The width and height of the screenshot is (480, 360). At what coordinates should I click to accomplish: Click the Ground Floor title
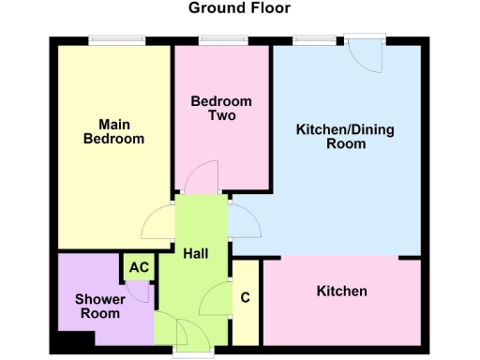(239, 8)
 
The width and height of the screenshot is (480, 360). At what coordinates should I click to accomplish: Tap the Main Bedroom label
(113, 131)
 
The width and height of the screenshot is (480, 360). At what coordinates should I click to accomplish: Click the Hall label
(196, 254)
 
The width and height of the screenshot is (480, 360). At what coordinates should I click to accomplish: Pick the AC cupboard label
(139, 267)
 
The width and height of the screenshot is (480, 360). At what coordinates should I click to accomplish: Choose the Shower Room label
(98, 307)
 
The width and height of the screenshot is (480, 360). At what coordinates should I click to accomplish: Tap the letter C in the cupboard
(246, 299)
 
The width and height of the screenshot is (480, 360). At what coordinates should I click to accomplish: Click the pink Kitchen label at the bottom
(341, 292)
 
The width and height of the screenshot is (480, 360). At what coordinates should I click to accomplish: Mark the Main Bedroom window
(116, 40)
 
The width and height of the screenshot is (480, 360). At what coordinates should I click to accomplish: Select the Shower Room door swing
(139, 292)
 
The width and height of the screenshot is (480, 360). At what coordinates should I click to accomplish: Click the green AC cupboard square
(139, 267)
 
